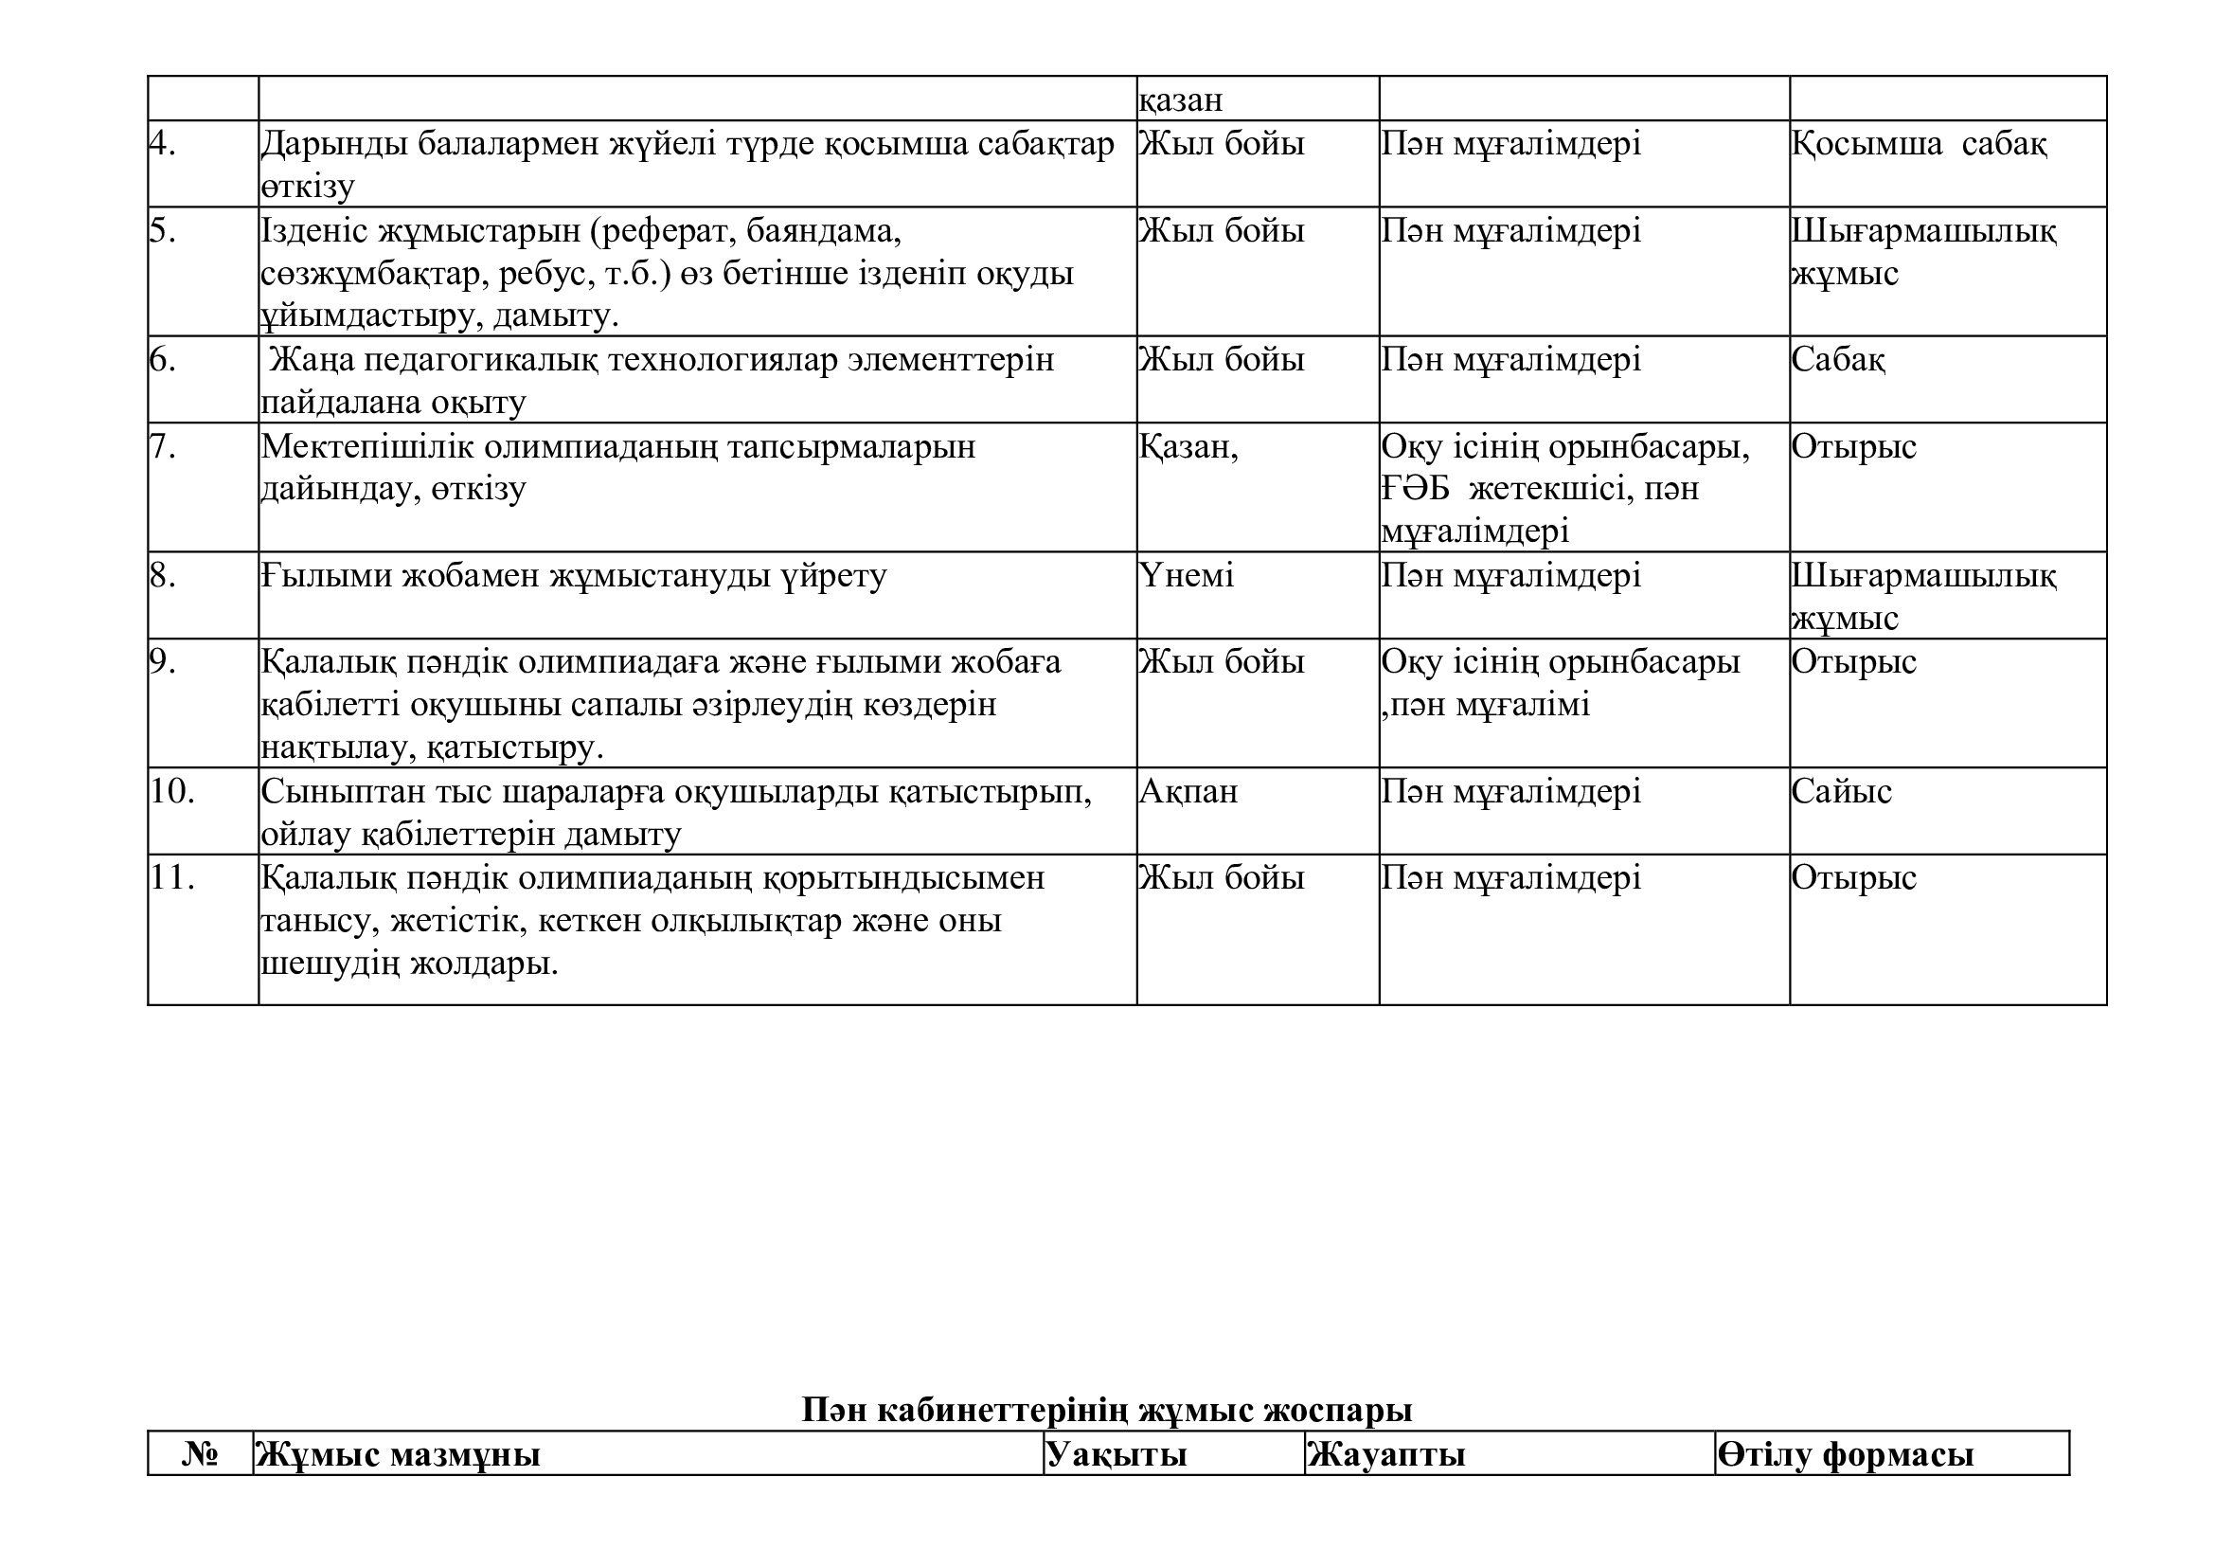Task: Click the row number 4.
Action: pos(163,144)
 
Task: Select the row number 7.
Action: pos(163,447)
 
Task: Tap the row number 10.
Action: pos(171,791)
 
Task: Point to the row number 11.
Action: pos(171,878)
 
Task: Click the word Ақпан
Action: pos(1188,792)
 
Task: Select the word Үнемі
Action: pos(1187,576)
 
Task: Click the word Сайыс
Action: pos(1841,792)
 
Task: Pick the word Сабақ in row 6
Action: pos(1838,360)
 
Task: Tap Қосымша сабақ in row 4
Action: pos(1919,144)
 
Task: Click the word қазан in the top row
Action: pos(1181,99)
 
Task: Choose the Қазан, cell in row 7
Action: pos(1188,447)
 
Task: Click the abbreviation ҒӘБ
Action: pos(1414,489)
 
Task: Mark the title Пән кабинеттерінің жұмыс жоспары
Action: pos(1106,1411)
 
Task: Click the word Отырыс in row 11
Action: pos(1853,878)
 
